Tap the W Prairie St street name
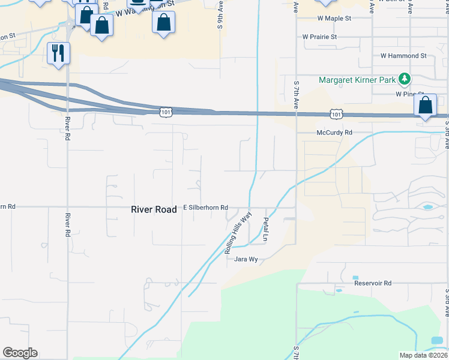click(x=320, y=37)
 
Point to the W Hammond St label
click(x=403, y=56)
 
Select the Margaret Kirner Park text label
click(x=357, y=80)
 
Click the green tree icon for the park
click(x=405, y=79)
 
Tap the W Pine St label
click(x=406, y=94)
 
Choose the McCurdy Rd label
click(x=334, y=133)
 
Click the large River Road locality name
click(x=154, y=209)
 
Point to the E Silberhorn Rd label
click(x=205, y=208)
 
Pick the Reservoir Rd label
click(x=372, y=283)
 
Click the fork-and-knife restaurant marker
click(x=58, y=53)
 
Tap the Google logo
click(x=20, y=353)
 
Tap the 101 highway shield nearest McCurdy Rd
click(x=336, y=114)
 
